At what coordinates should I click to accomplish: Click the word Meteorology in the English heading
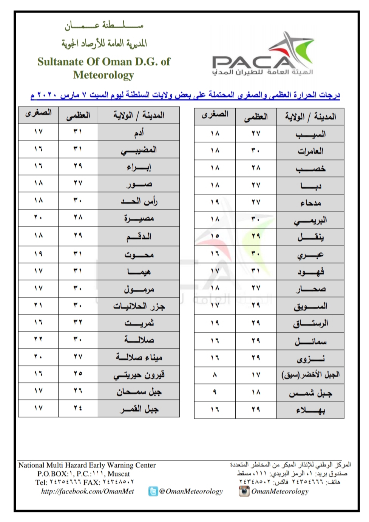pyautogui.click(x=103, y=75)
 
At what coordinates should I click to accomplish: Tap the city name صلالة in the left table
pyautogui.click(x=139, y=340)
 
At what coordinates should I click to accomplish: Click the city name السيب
pyautogui.click(x=310, y=134)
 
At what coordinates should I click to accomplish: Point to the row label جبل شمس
pyautogui.click(x=310, y=393)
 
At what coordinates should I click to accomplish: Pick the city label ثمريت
pyautogui.click(x=139, y=323)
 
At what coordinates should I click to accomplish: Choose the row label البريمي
pyautogui.click(x=310, y=220)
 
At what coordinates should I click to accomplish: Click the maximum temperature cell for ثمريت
pyautogui.click(x=78, y=323)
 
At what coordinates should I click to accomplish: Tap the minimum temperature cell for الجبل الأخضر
pyautogui.click(x=215, y=375)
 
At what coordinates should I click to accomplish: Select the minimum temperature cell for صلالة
pyautogui.click(x=38, y=340)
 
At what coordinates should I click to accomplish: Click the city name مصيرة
pyautogui.click(x=139, y=219)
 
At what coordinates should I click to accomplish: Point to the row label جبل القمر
pyautogui.click(x=139, y=409)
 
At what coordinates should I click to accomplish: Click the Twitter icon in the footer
pyautogui.click(x=153, y=491)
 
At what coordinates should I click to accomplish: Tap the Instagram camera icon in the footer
pyautogui.click(x=244, y=491)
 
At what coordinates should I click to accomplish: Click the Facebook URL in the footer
pyautogui.click(x=88, y=491)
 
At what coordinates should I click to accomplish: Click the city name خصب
pyautogui.click(x=310, y=168)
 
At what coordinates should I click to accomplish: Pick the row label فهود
pyautogui.click(x=310, y=272)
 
